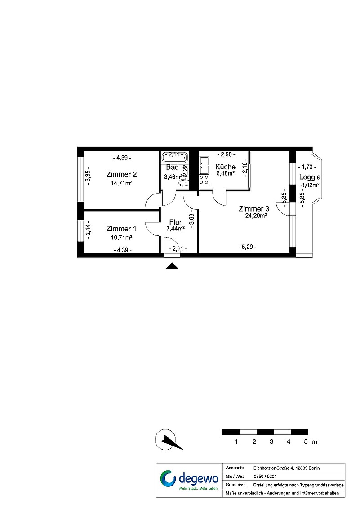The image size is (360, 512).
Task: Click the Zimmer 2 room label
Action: coord(121,174)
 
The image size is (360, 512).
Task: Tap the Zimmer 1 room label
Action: coord(121,229)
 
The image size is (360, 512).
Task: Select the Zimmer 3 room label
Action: coord(254,209)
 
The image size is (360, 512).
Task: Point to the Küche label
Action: coord(226,167)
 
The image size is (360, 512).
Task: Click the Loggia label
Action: coord(310,177)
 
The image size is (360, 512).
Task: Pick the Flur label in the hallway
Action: coord(175,222)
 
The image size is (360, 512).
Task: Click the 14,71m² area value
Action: coord(121,183)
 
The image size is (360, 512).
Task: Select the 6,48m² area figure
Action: coord(226,174)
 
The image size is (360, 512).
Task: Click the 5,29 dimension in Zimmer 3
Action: coord(247,247)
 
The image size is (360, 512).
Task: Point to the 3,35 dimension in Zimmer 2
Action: coord(88,177)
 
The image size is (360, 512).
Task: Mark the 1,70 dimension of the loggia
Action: coord(307,167)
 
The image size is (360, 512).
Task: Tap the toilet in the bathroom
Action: coord(184,182)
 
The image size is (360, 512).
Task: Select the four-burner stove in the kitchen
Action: coord(204,180)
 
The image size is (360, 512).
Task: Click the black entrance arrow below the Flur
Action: coord(172,266)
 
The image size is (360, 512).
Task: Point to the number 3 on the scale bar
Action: coord(271,442)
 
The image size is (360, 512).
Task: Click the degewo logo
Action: coord(189,480)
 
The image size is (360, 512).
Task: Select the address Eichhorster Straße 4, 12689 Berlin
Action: coord(286,468)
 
